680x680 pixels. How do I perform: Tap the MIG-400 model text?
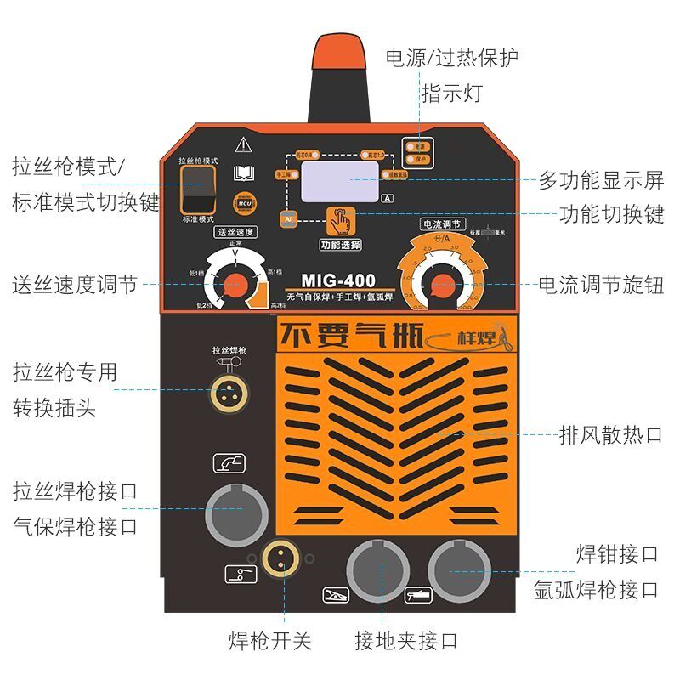click(x=337, y=279)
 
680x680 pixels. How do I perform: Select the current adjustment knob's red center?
click(x=442, y=285)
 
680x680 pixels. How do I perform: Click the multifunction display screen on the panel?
click(x=340, y=179)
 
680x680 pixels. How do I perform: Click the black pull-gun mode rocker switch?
click(x=198, y=188)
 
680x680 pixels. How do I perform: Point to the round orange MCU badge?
click(x=244, y=205)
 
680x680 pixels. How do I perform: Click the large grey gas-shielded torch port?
click(x=236, y=513)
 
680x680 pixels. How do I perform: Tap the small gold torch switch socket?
click(x=276, y=558)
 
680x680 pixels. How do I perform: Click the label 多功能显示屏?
click(x=600, y=180)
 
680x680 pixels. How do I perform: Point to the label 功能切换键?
click(x=611, y=214)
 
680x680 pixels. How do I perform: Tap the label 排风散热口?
click(x=610, y=435)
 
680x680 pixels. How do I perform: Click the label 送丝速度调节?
click(x=75, y=285)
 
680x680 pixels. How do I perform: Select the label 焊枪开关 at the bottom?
click(x=270, y=639)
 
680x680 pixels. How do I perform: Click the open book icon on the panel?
click(x=244, y=173)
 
